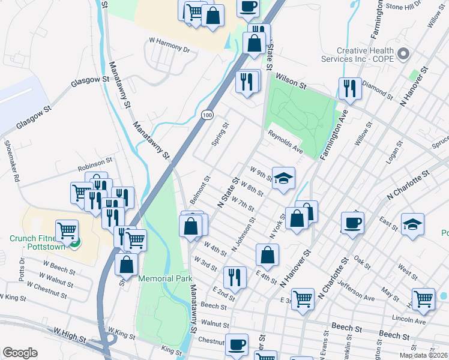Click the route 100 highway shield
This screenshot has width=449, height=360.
coord(207,114)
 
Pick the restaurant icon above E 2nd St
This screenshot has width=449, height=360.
coord(234,277)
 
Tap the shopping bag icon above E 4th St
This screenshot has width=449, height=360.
coord(267,254)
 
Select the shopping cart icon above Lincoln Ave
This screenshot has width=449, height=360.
coord(423,298)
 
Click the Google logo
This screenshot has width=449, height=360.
coord(20,353)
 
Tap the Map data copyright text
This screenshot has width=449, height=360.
coord(423,354)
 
